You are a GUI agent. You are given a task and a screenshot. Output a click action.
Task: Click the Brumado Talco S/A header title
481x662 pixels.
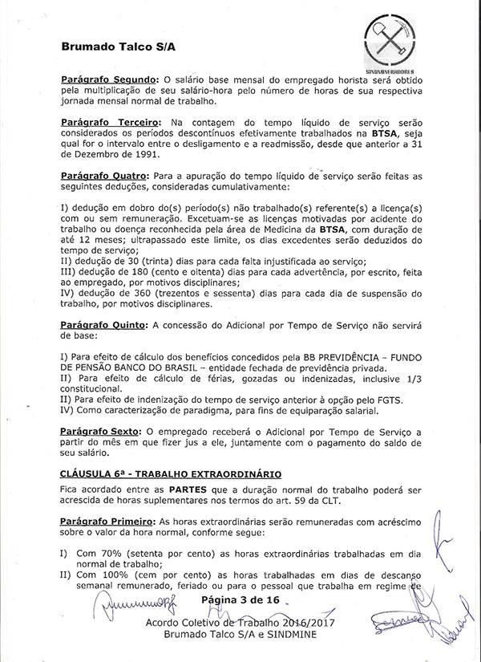coord(118,47)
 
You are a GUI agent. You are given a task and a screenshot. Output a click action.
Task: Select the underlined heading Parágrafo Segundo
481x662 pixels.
coord(109,80)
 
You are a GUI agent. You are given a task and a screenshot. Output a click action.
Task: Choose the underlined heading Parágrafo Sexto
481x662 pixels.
coord(99,431)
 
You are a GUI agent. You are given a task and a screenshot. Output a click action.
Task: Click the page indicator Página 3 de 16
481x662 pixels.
coord(240,599)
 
